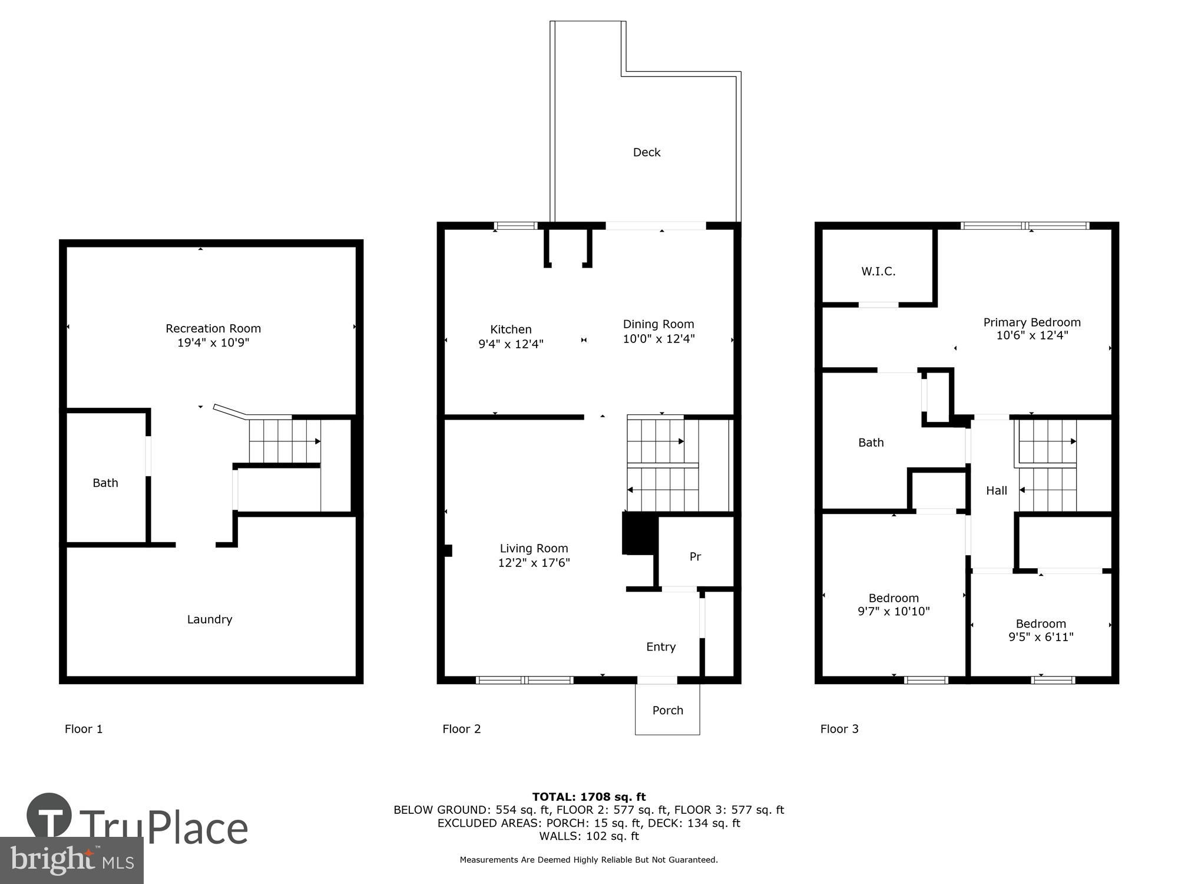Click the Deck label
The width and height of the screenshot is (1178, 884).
[x=646, y=152]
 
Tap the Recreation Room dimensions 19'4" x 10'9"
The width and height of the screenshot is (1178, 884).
[x=213, y=342]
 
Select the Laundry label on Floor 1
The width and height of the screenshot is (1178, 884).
[x=209, y=619]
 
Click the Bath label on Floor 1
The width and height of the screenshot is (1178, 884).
[x=105, y=483]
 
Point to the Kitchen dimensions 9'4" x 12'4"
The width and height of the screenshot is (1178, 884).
[x=511, y=344]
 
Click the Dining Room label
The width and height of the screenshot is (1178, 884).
[x=659, y=324]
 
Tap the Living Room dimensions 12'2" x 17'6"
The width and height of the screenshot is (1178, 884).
[x=534, y=562]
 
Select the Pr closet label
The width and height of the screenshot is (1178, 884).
[x=695, y=556]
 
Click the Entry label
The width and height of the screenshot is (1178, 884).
[x=660, y=646]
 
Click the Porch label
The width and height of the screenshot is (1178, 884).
[x=667, y=710]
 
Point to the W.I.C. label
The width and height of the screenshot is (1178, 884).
[x=878, y=271]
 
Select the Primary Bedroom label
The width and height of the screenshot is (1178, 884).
[x=1031, y=322]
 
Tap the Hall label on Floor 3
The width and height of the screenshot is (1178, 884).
[x=996, y=490]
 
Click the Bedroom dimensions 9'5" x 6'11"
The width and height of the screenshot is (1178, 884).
[x=1041, y=636]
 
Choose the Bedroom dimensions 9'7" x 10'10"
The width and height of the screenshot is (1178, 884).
[x=894, y=611]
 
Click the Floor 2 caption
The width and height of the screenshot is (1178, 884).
[x=461, y=729]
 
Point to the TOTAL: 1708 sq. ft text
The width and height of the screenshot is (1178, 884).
[x=588, y=797]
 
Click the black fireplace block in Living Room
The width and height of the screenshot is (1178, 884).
[x=638, y=533]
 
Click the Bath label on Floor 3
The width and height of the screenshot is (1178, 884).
[x=871, y=443]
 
